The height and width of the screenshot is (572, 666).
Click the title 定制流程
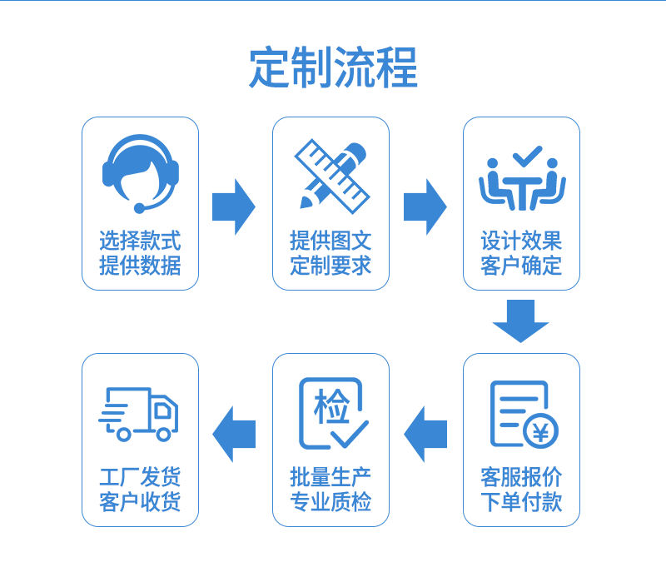click(333, 67)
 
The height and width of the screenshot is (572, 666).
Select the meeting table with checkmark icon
click(522, 179)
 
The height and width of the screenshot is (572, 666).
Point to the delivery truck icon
click(139, 413)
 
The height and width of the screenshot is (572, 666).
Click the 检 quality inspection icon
click(332, 413)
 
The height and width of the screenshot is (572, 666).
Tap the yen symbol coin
click(540, 431)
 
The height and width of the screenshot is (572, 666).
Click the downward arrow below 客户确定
click(521, 321)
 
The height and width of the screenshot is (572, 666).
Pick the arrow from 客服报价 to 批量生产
click(425, 434)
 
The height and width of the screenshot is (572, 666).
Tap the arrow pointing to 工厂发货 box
click(234, 434)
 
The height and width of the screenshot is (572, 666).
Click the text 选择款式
click(140, 241)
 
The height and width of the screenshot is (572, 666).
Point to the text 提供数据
click(140, 266)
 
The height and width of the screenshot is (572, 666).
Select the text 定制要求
click(331, 266)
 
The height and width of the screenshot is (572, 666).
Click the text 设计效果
click(522, 241)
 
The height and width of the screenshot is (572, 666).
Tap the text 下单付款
click(522, 502)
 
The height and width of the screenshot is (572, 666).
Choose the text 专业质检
click(331, 502)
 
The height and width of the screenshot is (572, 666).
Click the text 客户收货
click(140, 502)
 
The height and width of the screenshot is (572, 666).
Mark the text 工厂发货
click(140, 477)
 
